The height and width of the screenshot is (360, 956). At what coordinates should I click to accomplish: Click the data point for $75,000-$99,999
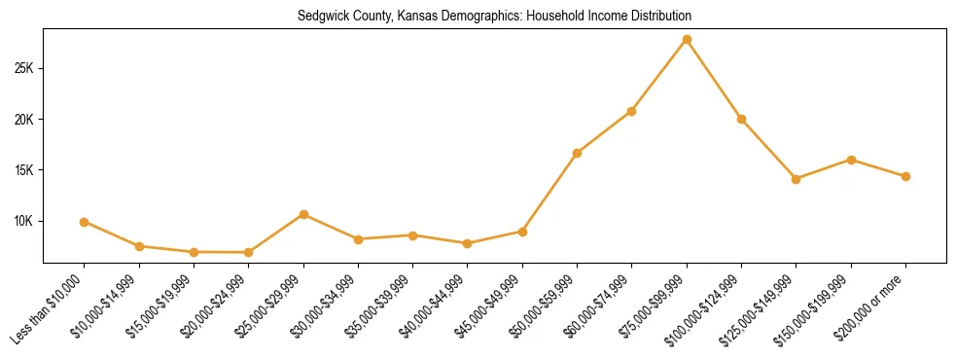click(x=687, y=39)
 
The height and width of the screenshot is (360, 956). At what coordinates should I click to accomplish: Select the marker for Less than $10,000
click(x=85, y=222)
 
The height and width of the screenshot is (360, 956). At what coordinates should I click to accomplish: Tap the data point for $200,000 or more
click(x=905, y=176)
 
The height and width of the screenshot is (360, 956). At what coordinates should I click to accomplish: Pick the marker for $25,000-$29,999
click(x=304, y=214)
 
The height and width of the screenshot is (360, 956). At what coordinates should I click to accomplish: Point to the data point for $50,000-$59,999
click(x=578, y=153)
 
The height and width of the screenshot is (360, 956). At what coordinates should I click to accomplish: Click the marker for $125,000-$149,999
click(x=797, y=179)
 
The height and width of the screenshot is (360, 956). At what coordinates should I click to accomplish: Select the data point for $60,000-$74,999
click(x=632, y=111)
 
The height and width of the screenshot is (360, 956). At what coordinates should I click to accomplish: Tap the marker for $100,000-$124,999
click(x=741, y=119)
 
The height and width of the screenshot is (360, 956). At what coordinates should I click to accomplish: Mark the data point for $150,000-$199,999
click(x=851, y=160)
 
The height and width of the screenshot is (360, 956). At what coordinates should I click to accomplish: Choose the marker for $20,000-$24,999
click(x=249, y=252)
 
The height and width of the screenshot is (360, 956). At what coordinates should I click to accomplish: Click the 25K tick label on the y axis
click(x=24, y=69)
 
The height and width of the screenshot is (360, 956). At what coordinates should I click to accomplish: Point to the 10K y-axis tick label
click(x=24, y=221)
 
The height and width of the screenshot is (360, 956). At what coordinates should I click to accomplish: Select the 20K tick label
click(x=24, y=120)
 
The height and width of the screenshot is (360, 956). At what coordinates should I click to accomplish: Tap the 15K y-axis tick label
click(x=24, y=170)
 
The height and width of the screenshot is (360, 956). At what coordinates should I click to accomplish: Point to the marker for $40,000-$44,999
click(x=468, y=243)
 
